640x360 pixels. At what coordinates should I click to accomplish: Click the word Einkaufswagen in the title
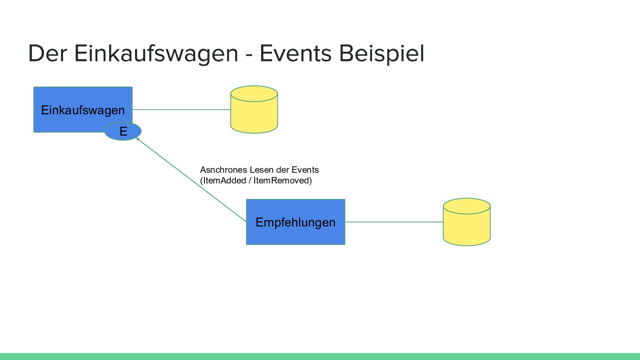point(156,54)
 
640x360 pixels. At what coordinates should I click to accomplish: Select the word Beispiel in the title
point(381,54)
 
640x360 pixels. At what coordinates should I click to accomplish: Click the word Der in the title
point(47,54)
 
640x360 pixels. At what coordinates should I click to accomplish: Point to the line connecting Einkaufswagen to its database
point(181,110)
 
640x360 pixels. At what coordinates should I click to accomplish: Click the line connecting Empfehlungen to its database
point(394,222)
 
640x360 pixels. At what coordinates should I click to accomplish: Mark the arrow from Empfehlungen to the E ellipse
point(192,180)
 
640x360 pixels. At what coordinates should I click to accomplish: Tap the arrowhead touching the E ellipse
point(138,139)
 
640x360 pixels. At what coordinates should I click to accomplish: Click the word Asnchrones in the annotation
point(224,170)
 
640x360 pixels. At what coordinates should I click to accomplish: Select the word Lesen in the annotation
point(262,170)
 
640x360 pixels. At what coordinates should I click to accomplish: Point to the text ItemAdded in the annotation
point(224,180)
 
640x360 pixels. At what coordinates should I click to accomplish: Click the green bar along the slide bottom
point(320,357)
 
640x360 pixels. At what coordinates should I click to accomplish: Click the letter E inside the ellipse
point(123,131)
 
